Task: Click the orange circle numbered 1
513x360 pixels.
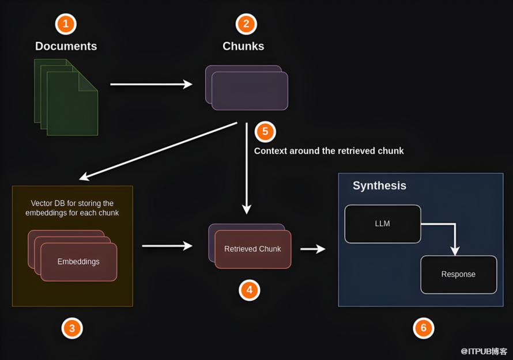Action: point(66,24)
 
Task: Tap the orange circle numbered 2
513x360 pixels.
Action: point(246,24)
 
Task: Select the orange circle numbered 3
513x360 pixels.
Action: point(72,328)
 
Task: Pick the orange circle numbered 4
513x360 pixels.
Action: point(250,290)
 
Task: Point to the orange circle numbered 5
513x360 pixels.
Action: point(265,131)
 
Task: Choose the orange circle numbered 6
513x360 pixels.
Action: point(424,328)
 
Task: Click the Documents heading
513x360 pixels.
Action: point(66,46)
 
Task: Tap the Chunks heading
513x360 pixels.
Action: point(243,46)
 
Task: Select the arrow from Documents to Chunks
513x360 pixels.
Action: point(151,84)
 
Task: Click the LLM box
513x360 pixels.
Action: point(383,223)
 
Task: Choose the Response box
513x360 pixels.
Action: point(458,274)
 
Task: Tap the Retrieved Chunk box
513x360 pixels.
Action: point(252,249)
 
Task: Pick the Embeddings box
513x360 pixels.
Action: point(78,262)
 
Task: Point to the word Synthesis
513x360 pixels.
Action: point(379,185)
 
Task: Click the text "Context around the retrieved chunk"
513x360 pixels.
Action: point(329,151)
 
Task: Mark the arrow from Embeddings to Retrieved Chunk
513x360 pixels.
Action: point(167,246)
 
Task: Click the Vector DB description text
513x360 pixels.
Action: point(72,208)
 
